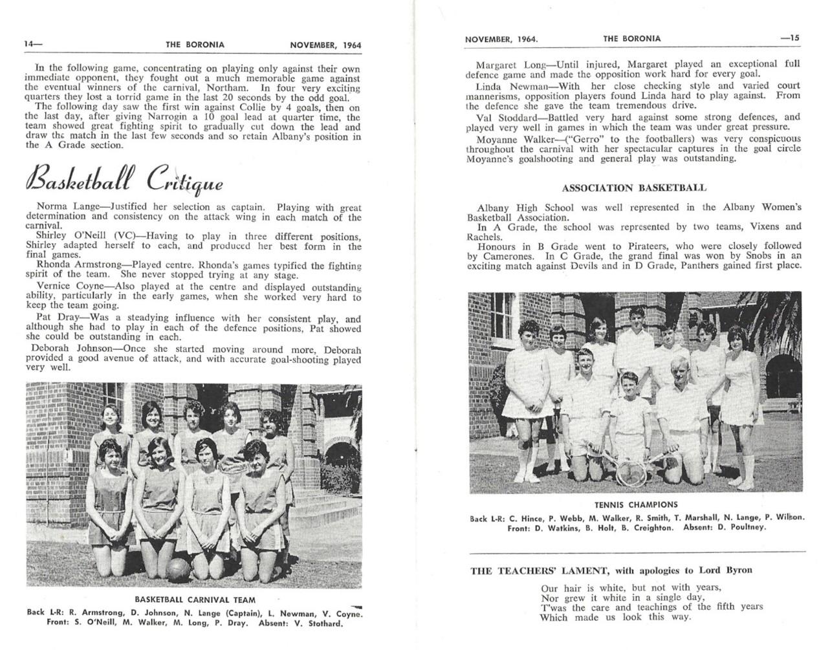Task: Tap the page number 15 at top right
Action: pos(790,38)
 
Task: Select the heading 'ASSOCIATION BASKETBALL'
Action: pos(634,188)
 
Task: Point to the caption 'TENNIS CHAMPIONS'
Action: pos(635,504)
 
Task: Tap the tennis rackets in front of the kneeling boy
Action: pos(631,471)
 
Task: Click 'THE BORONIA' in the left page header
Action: pos(195,45)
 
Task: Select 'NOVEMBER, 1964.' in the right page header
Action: pos(501,39)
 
